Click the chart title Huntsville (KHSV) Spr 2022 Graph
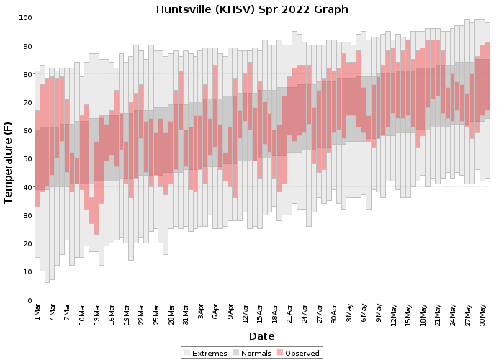(252, 9)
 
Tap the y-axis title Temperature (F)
(8, 162)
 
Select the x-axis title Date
(261, 336)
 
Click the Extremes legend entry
(206, 353)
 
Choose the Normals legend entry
(252, 353)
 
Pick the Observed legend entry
(298, 353)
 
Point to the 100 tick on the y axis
(25, 17)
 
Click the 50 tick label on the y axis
(27, 159)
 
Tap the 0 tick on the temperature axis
(30, 300)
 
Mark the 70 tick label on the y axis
(27, 102)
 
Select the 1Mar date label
(37, 312)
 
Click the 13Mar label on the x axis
(96, 314)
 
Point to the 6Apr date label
(215, 312)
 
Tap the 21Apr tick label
(289, 313)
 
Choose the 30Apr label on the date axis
(334, 313)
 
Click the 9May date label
(379, 312)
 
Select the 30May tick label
(482, 315)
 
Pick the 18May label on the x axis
(423, 315)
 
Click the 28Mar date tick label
(171, 314)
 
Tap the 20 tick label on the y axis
(27, 243)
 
